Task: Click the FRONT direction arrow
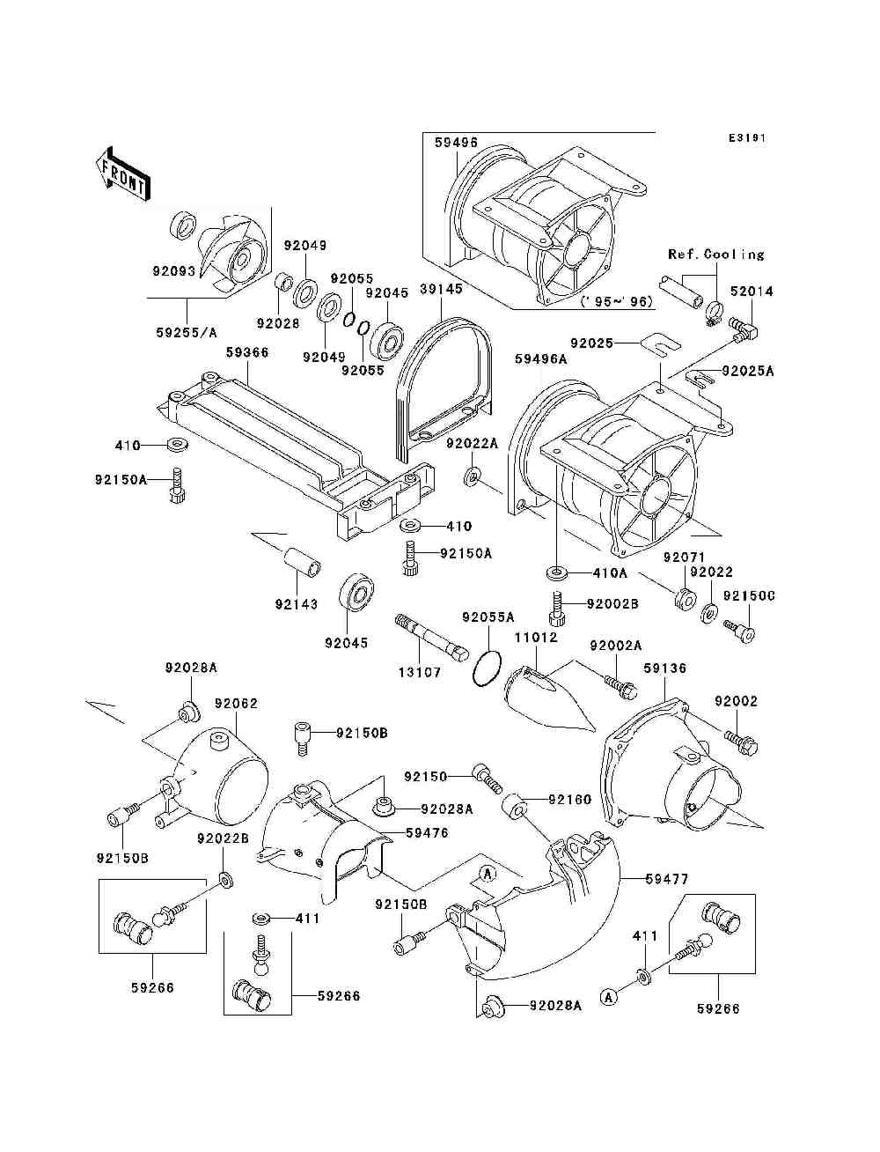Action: (124, 174)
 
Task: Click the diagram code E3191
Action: (747, 138)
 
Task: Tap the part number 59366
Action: (247, 352)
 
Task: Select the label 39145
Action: (441, 289)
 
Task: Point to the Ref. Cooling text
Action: (715, 255)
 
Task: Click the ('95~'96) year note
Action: (617, 302)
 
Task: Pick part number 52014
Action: (752, 292)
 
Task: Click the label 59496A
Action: (540, 359)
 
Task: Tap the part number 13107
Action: (420, 672)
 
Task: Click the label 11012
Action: (535, 638)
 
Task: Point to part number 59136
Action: (664, 668)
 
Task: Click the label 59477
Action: (666, 879)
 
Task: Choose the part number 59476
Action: (428, 833)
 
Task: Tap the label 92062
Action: (236, 704)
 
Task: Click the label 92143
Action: (297, 604)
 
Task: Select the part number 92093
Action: (173, 270)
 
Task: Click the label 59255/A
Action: (187, 332)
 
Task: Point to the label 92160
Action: (569, 800)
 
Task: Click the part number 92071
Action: (684, 557)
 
